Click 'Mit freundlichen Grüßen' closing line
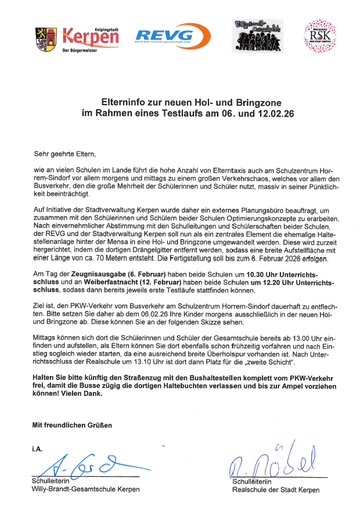(71, 425)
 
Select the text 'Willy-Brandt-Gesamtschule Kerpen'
(85, 489)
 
